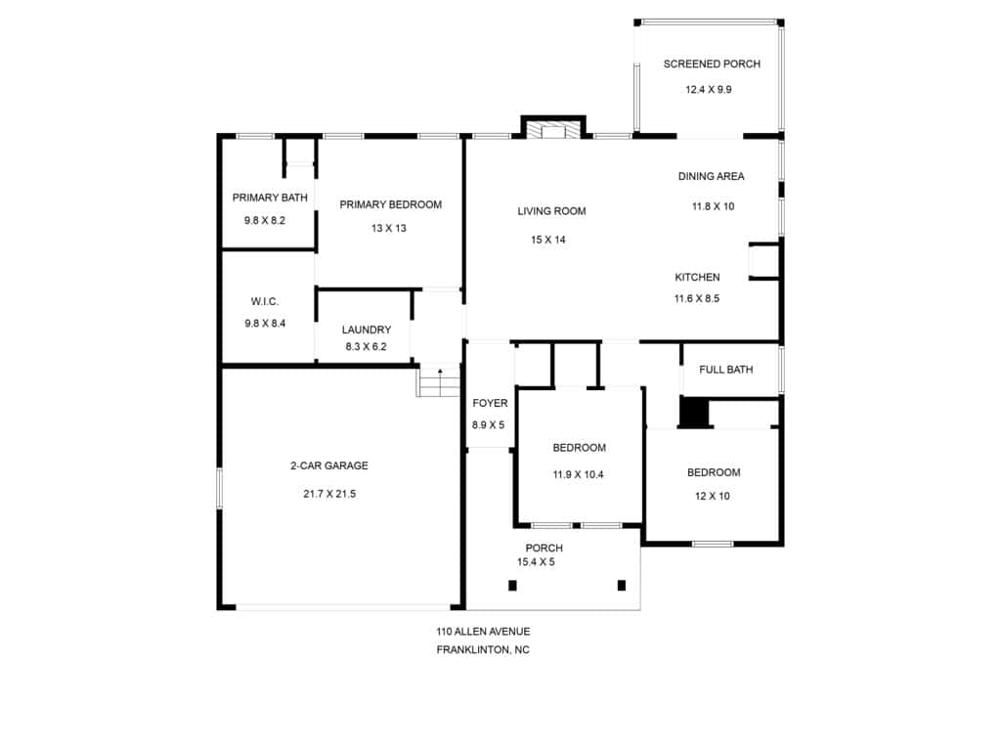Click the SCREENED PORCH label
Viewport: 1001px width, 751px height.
coord(712,64)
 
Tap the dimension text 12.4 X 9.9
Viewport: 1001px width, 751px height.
coord(709,89)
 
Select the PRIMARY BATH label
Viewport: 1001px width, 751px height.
coord(270,198)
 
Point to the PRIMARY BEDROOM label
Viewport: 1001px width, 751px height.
coord(391,204)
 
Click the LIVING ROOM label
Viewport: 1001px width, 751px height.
coord(551,211)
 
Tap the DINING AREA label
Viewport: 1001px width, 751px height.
coord(712,176)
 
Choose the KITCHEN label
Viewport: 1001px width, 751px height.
coord(697,277)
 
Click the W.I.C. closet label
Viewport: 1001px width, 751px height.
coord(265,301)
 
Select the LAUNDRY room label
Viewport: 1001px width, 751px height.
coord(367,330)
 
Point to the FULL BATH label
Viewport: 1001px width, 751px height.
coord(726,369)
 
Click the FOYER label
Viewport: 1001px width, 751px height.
coord(491,403)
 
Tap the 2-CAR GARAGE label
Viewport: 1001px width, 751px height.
coord(329,465)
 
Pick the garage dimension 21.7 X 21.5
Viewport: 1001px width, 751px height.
coord(329,494)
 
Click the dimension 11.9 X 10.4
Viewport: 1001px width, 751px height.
coord(579,474)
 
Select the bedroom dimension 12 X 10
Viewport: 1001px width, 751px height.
coord(713,496)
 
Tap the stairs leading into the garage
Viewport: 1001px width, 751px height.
coord(439,382)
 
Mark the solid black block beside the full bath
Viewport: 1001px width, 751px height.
coord(694,413)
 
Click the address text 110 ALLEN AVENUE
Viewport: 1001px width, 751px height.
coord(483,632)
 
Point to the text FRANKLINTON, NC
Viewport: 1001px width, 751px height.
coord(483,650)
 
